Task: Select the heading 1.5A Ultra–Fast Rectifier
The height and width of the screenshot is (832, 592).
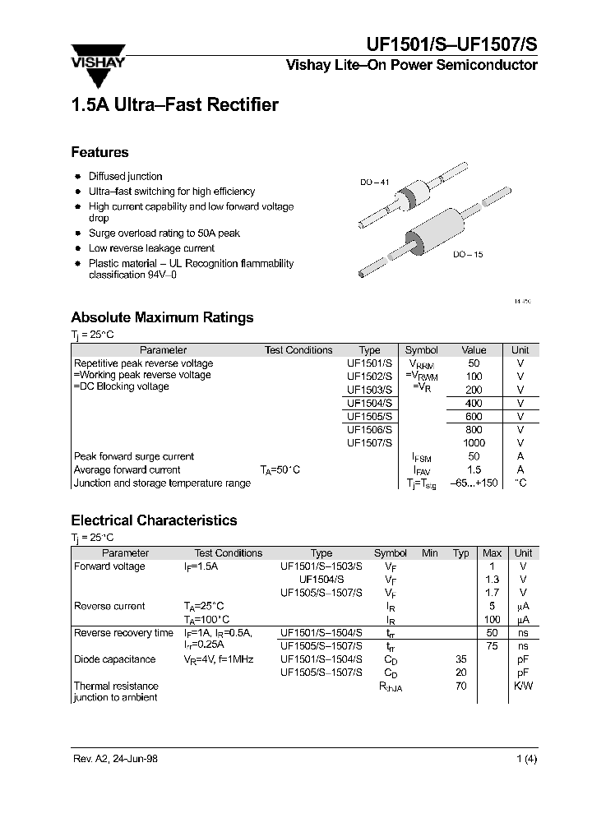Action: coord(174,105)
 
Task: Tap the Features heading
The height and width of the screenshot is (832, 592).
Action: coord(99,152)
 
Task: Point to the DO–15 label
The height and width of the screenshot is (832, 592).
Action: coord(468,255)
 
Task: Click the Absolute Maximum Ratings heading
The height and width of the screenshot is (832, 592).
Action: coord(162,317)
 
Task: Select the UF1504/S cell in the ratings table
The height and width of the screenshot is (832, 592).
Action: coord(369,403)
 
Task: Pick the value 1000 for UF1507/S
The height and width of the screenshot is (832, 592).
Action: coord(474,443)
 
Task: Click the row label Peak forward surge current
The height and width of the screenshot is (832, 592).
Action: coord(134,456)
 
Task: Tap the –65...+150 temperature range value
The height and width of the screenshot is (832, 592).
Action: coord(474,483)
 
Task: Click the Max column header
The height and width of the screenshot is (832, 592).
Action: coord(492,553)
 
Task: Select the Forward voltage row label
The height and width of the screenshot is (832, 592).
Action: coord(109,566)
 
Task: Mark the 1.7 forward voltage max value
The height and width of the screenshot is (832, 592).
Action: coord(492,592)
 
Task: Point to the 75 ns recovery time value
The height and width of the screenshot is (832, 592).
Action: coord(492,645)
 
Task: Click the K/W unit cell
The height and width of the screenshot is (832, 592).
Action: coord(523,686)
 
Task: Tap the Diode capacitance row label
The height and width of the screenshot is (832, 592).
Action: coord(114,659)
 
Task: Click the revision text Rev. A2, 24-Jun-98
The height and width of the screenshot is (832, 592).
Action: coord(116,759)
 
